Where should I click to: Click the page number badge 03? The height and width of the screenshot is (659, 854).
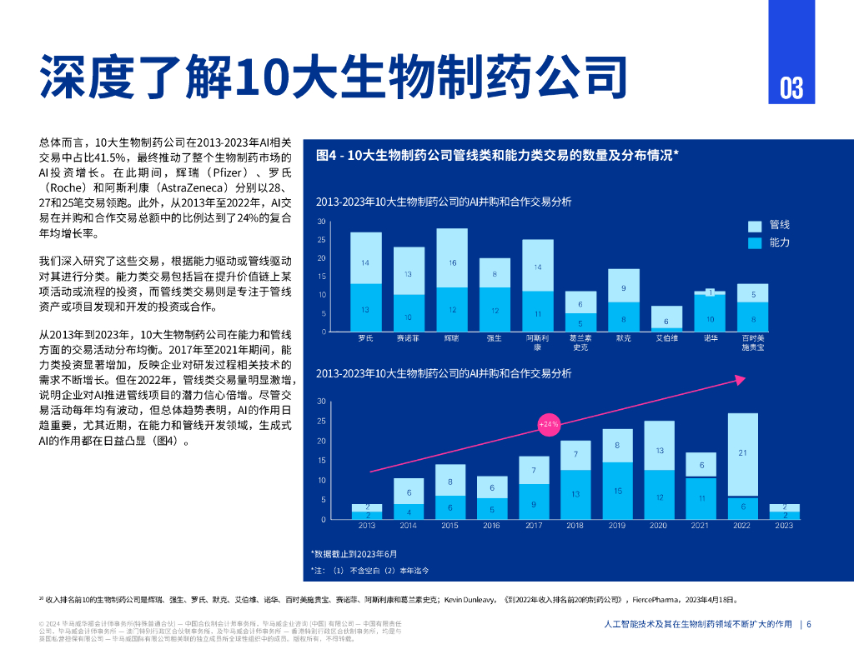[x=791, y=87]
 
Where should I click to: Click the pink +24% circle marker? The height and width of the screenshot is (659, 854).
[x=549, y=424]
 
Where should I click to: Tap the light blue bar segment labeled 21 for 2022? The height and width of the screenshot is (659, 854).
[x=743, y=453]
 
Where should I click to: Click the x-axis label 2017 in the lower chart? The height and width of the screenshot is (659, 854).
[x=534, y=526]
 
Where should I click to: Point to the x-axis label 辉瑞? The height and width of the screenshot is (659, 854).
[x=452, y=338]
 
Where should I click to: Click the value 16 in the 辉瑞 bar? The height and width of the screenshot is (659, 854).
[x=452, y=262]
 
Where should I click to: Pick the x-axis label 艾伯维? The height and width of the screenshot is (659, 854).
[x=666, y=338]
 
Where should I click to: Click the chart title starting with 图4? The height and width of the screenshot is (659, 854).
[x=498, y=155]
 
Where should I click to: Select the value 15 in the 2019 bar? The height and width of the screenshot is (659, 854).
[x=618, y=491]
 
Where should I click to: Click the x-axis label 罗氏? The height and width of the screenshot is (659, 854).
[x=365, y=338]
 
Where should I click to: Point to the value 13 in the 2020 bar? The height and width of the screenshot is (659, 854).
[x=660, y=450]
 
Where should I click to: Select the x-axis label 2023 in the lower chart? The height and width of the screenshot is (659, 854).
[x=784, y=526]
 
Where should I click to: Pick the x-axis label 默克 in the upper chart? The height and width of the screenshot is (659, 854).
[x=623, y=338]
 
